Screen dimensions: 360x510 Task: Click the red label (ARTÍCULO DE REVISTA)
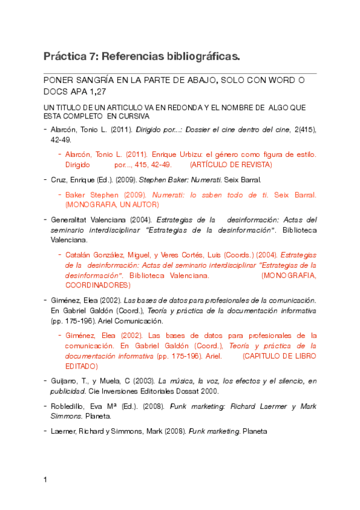pyautogui.click(x=231, y=164)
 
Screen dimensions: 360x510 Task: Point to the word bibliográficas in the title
pyautogui.click(x=197, y=57)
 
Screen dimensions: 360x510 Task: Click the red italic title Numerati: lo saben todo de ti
pyautogui.click(x=210, y=195)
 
